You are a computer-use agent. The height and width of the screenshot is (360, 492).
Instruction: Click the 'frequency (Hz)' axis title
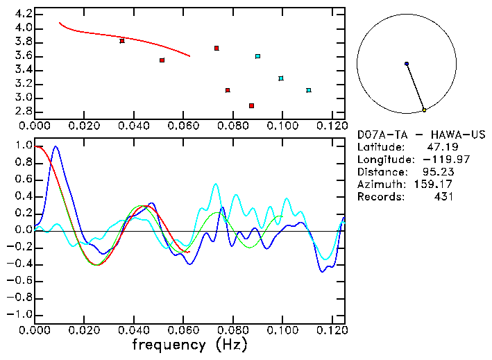coord(189,345)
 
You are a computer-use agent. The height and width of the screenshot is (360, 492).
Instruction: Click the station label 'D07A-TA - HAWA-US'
coord(421,135)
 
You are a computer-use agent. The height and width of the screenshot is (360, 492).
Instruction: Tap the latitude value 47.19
coord(440,147)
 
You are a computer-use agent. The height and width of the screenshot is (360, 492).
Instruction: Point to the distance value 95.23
coord(437,172)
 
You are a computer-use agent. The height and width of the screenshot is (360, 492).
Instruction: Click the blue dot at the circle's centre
coord(407,64)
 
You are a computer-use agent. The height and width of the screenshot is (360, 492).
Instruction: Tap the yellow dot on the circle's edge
coord(424,110)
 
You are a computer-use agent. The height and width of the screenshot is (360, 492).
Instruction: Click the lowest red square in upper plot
coord(251,105)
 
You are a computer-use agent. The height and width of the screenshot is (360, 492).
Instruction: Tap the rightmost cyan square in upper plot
coord(309,90)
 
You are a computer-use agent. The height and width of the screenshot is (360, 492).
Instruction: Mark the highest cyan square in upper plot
coord(257,56)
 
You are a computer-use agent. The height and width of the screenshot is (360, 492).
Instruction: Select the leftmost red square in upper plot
coord(122,41)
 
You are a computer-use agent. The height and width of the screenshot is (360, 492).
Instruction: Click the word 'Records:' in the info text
coord(380,197)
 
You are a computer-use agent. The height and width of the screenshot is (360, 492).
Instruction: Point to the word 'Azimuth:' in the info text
coord(380,185)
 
